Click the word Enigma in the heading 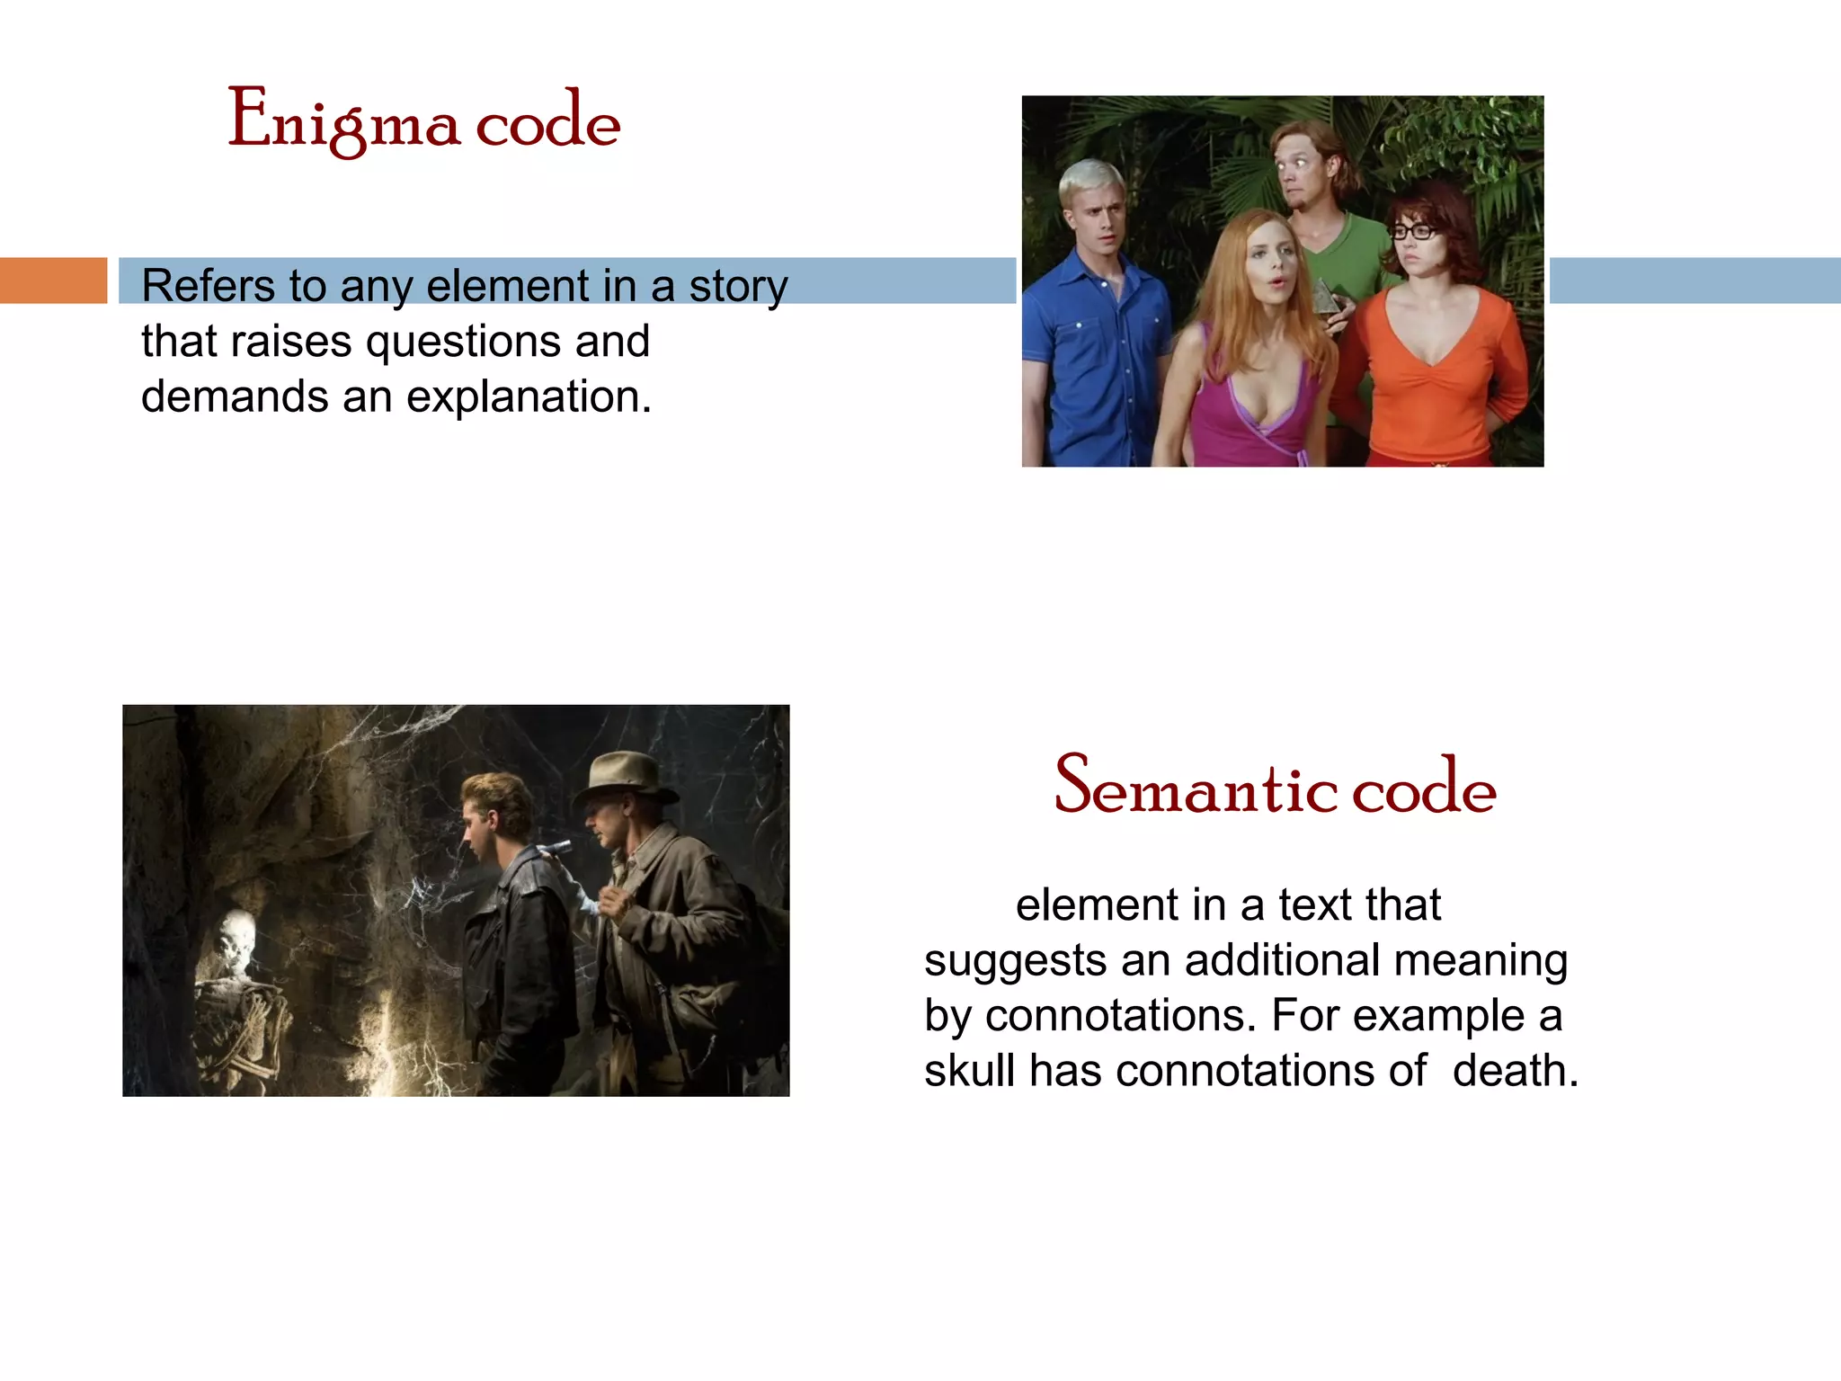pos(343,120)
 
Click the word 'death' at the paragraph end pos(1515,1071)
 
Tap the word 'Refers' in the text pos(207,286)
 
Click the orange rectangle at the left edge pos(53,280)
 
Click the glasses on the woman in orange pos(1415,231)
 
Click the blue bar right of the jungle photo pos(1694,280)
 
